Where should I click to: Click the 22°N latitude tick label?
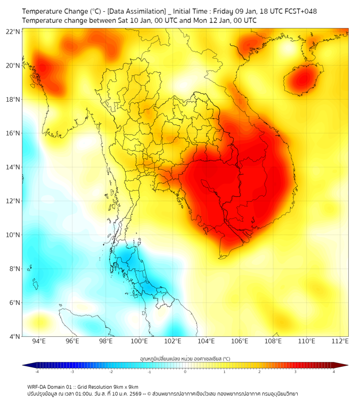(13, 31)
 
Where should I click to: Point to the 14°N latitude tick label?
(13, 167)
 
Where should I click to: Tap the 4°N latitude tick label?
(15, 336)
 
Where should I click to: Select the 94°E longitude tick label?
(39, 341)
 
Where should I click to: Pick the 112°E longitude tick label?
(340, 341)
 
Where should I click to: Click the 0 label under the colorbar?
(185, 371)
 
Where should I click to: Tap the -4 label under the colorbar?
(37, 371)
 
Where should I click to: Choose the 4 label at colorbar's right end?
(333, 371)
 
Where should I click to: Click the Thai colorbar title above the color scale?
(185, 359)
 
